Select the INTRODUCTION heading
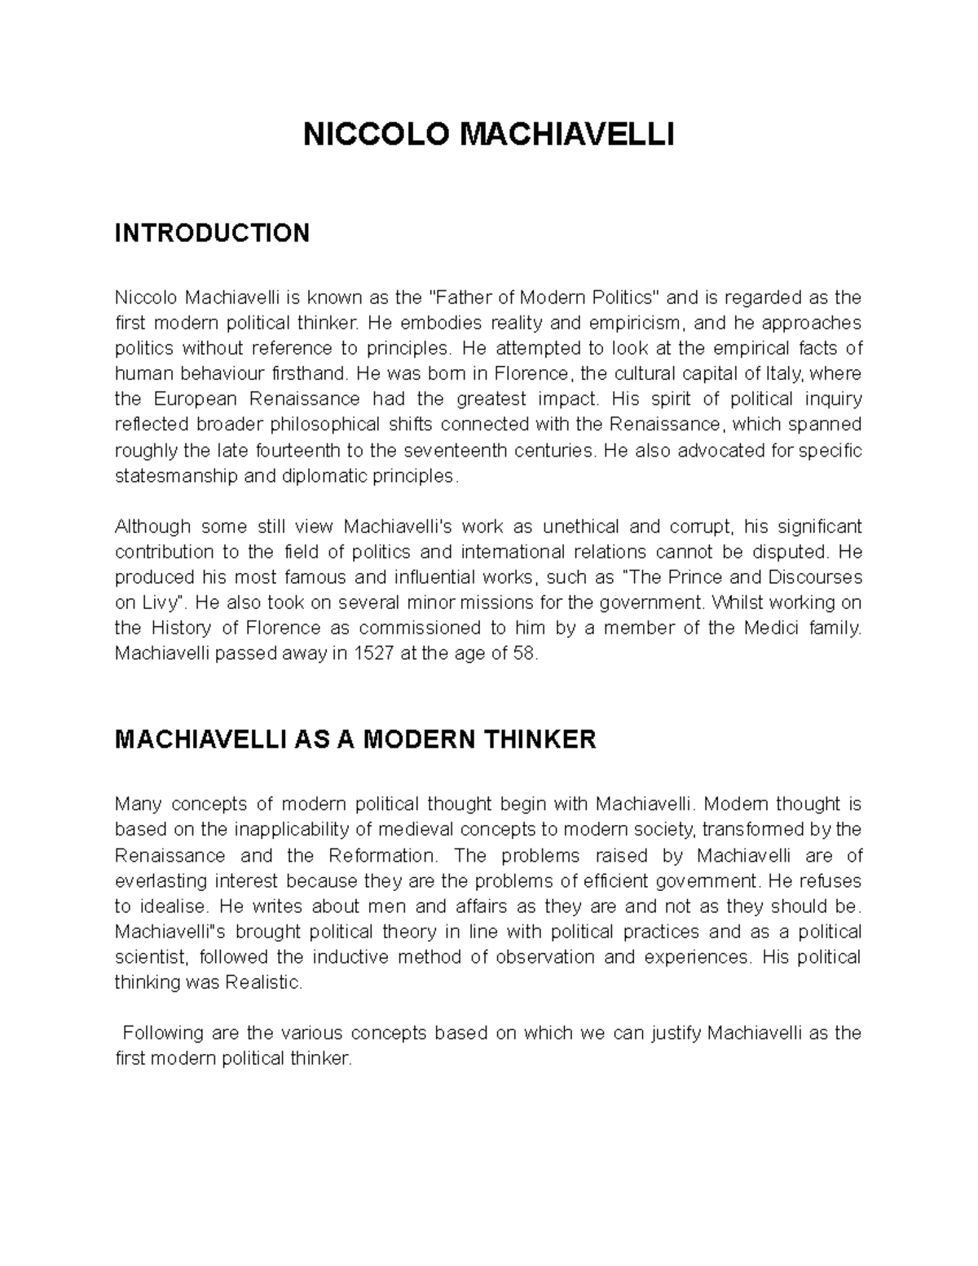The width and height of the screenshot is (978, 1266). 212,233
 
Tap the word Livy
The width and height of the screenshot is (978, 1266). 156,603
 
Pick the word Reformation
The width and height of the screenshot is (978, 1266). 381,856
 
